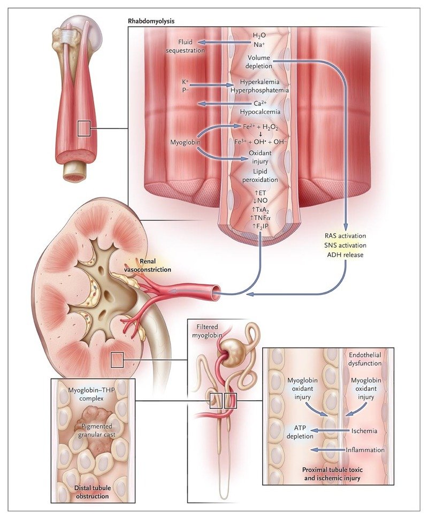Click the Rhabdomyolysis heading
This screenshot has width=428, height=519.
tap(151, 21)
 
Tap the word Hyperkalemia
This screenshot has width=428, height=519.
tap(259, 82)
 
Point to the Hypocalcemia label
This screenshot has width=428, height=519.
tap(260, 112)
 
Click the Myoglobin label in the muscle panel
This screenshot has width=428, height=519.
tap(185, 142)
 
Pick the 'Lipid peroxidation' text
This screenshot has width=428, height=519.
tap(260, 176)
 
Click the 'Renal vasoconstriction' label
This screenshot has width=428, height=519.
tap(148, 266)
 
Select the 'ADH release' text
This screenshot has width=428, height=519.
tap(345, 255)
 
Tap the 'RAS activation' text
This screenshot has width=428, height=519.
tap(345, 236)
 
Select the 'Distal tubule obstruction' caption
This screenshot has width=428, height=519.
tap(92, 492)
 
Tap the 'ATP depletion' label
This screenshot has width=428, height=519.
tap(300, 432)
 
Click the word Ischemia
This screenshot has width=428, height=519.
tap(364, 431)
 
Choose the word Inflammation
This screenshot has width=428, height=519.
tap(365, 450)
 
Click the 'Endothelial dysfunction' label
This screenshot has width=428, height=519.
tap(365, 359)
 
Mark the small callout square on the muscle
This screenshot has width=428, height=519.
tap(84, 128)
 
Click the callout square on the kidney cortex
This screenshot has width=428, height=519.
tap(117, 360)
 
